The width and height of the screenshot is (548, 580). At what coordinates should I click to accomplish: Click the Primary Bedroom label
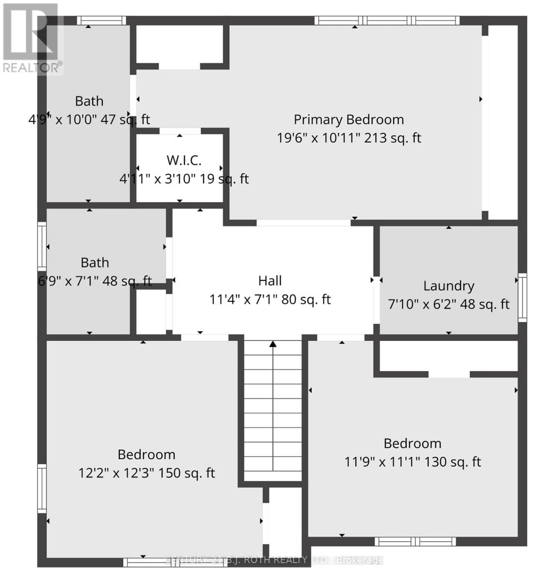[349, 119]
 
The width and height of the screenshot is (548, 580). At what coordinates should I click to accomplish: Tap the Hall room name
[270, 281]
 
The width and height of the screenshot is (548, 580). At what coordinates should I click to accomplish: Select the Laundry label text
[448, 286]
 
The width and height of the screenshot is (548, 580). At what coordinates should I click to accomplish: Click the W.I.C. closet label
[184, 160]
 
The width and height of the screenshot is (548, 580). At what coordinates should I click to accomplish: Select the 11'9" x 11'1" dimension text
[382, 462]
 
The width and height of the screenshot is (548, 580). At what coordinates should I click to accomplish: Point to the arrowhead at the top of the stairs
[273, 344]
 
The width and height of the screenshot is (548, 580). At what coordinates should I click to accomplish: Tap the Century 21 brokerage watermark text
[274, 560]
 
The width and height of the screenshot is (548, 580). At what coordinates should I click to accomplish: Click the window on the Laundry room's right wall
[522, 297]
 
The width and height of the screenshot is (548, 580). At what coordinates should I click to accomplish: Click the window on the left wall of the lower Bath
[42, 246]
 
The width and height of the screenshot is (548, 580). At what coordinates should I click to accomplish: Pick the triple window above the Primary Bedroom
[387, 20]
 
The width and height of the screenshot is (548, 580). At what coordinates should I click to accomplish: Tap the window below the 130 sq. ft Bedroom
[415, 541]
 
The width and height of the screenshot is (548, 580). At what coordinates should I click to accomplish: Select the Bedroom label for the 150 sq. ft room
[146, 454]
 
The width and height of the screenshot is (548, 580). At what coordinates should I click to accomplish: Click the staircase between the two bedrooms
[273, 411]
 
